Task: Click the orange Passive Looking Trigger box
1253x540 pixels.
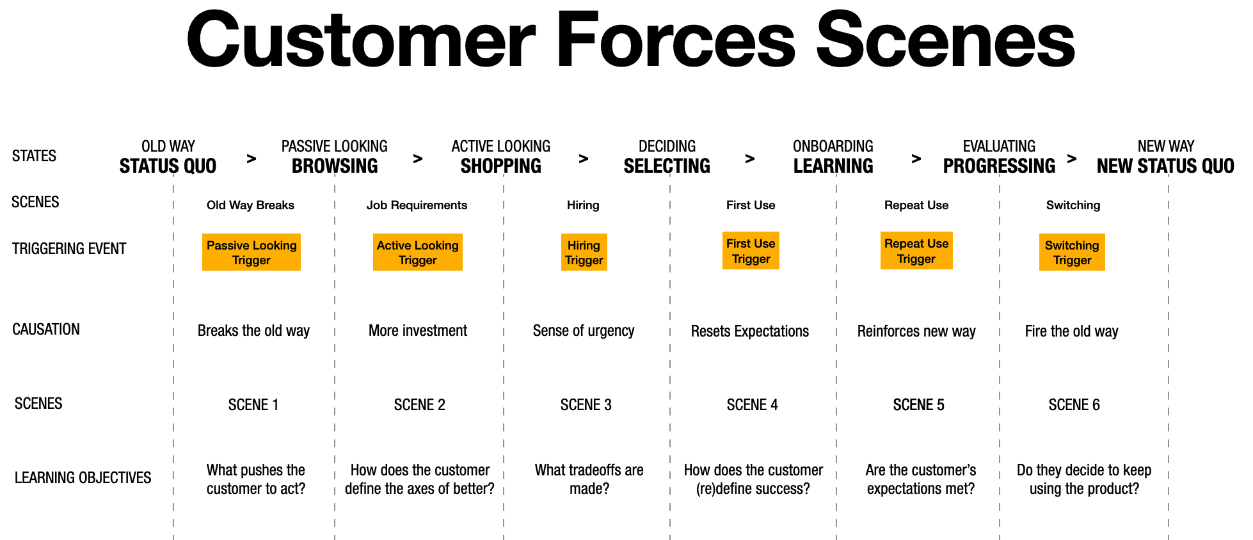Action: tap(251, 252)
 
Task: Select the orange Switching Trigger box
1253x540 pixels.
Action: tap(1072, 253)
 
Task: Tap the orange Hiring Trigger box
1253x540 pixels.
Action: tap(584, 252)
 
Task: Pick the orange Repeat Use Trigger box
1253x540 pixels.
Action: tap(916, 251)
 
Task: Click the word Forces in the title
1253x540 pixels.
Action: tap(676, 41)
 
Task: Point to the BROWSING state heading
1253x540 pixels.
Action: tap(335, 166)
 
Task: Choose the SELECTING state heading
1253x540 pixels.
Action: tap(667, 166)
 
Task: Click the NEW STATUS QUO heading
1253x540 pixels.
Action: tap(1165, 166)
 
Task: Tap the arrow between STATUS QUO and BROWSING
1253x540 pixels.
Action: tap(251, 159)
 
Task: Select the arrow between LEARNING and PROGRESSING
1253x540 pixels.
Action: tap(916, 159)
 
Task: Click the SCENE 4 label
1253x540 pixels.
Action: tap(752, 405)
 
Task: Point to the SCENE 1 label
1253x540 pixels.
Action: tap(253, 405)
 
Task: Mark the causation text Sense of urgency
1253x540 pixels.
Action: tap(584, 331)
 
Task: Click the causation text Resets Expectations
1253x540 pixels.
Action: tap(750, 331)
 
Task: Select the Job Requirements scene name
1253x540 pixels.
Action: tap(417, 205)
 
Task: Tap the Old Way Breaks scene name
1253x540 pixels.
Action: tap(250, 205)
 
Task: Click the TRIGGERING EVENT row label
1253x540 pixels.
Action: tap(69, 249)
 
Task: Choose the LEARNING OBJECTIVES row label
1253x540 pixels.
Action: tap(83, 478)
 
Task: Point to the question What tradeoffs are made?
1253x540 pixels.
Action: tap(589, 479)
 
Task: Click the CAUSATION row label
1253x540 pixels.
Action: tap(46, 330)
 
